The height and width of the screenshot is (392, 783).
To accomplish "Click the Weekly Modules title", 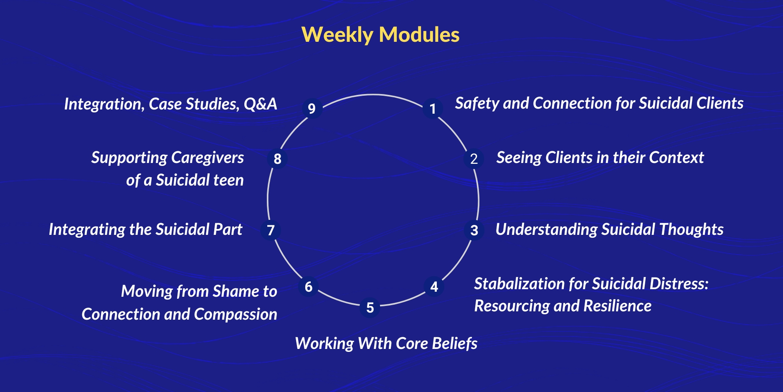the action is click(380, 34).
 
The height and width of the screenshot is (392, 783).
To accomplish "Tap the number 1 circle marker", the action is click(433, 108).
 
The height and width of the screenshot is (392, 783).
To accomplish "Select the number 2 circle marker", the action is click(474, 159).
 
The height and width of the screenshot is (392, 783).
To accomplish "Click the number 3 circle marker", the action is click(474, 230).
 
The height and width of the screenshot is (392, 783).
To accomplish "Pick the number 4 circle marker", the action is click(434, 287).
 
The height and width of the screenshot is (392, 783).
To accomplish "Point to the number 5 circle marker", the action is click(370, 308).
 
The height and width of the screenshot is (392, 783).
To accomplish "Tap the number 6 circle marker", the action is click(309, 287).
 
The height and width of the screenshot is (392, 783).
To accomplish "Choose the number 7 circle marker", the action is click(271, 230).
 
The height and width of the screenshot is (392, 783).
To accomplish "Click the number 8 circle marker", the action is click(277, 159).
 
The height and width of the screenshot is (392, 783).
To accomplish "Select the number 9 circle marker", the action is click(312, 108).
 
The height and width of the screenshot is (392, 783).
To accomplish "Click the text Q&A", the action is click(261, 104).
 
